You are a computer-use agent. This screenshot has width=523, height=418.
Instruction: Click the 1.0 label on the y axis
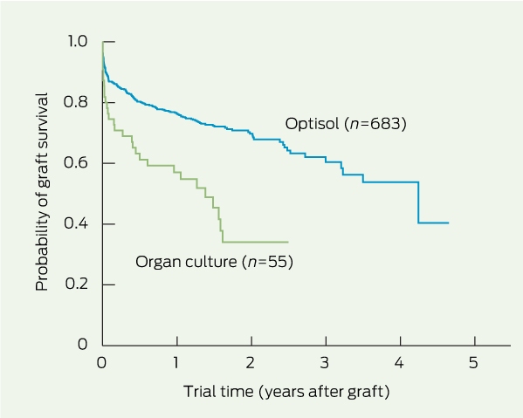tap(78, 41)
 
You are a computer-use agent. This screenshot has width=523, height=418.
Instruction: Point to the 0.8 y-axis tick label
tap(76, 102)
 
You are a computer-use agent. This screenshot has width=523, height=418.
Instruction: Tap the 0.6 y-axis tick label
tap(76, 162)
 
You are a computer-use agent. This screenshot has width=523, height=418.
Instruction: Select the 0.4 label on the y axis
tap(76, 223)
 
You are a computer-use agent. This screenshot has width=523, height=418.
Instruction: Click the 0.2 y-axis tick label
tap(76, 284)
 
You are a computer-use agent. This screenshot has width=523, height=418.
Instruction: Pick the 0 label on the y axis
tap(82, 344)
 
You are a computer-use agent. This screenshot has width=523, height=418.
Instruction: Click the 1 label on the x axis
tap(175, 363)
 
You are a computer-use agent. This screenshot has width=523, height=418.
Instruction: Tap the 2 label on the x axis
tap(251, 363)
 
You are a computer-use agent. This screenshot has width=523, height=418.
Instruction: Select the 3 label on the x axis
tap(325, 363)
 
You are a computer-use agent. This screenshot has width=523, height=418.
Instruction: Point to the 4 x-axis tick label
tap(399, 363)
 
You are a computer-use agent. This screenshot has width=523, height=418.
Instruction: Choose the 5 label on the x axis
tap(473, 363)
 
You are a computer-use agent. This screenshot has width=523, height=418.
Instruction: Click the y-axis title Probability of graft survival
tap(42, 192)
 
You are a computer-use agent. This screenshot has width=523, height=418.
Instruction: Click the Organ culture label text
tap(186, 262)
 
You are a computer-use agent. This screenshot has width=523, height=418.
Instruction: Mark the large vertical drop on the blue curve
tap(418, 202)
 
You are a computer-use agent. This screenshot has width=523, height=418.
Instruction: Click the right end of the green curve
tap(288, 242)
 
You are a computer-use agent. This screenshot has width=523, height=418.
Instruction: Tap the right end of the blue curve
tap(449, 223)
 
